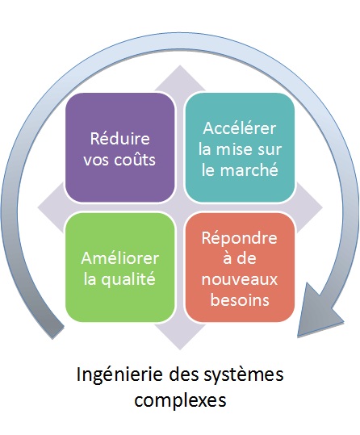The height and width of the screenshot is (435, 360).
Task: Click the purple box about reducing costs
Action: [120, 148]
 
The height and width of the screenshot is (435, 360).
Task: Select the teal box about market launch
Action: [240, 148]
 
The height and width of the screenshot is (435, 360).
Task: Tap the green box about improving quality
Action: [120, 267]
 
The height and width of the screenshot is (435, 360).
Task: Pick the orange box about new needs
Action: [240, 267]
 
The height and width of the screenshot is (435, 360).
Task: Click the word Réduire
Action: [120, 138]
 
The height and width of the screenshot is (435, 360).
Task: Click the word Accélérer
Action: [240, 128]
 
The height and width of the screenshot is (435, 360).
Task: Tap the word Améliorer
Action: [120, 258]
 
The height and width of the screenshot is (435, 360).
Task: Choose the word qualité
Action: [128, 278]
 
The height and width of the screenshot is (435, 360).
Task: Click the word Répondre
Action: [239, 238]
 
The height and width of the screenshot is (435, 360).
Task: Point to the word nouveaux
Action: [240, 279]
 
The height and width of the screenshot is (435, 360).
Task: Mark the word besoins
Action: [240, 299]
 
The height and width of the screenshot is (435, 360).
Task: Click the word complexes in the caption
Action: [180, 400]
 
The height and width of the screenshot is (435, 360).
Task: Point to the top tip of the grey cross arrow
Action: [180, 65]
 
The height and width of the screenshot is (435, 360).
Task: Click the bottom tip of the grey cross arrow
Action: [180, 349]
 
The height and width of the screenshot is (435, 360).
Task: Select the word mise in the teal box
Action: [232, 149]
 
